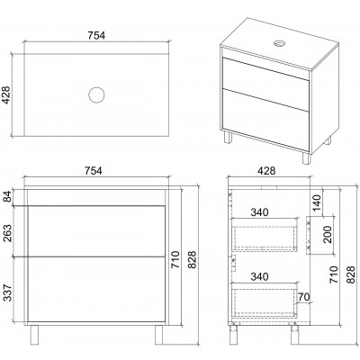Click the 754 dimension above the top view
pyautogui.click(x=96, y=35)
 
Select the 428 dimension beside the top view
pyautogui.click(x=6, y=95)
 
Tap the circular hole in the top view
pyautogui.click(x=96, y=95)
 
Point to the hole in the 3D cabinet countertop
pyautogui.click(x=280, y=43)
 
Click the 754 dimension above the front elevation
pyautogui.click(x=93, y=171)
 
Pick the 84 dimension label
pyautogui.click(x=7, y=196)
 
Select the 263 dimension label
pyautogui.click(x=7, y=233)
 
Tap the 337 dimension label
pyautogui.click(x=7, y=292)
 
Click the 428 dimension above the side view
pyautogui.click(x=266, y=171)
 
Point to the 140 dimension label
pyautogui.click(x=316, y=202)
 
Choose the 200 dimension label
pyautogui.click(x=328, y=234)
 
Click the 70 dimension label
pyautogui.click(x=304, y=297)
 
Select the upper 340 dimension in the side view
pyautogui.click(x=259, y=212)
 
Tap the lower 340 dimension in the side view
pyautogui.click(x=259, y=276)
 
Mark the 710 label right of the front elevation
pyautogui.click(x=175, y=259)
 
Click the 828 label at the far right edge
pyautogui.click(x=350, y=274)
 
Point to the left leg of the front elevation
pyautogui.click(x=34, y=335)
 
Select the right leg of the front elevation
pyautogui.click(x=158, y=335)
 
